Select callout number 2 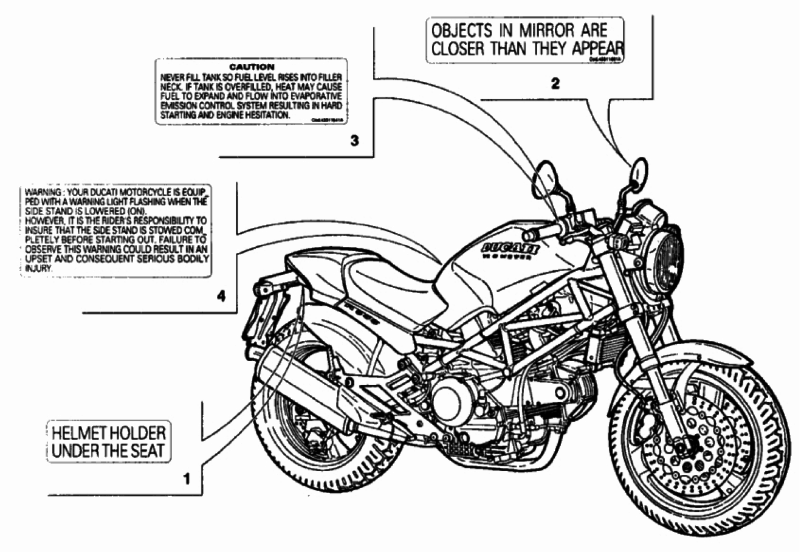(x=554, y=85)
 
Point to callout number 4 (x=221, y=297)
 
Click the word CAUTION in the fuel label (x=252, y=66)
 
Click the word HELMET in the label (x=75, y=433)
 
